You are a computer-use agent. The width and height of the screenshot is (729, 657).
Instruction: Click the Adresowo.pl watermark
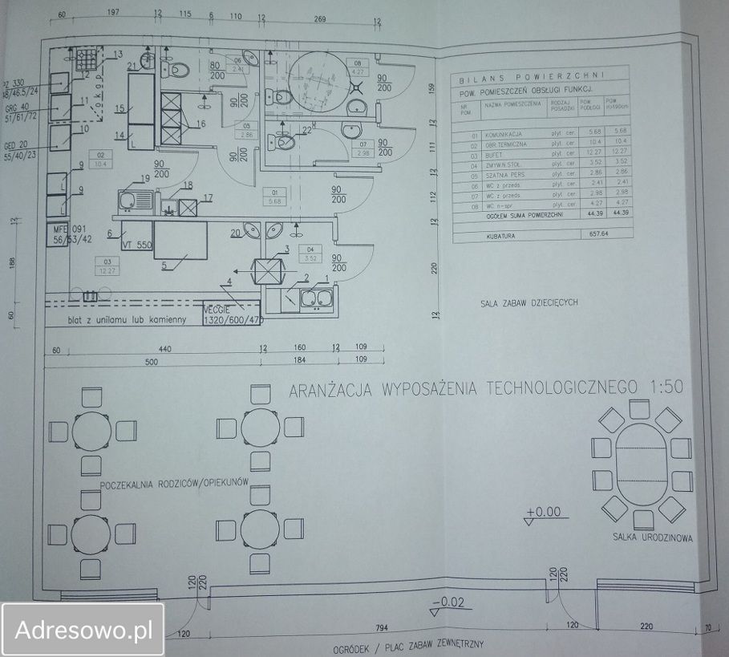tap(84, 630)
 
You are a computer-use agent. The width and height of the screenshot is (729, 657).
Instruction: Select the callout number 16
tap(201, 124)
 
